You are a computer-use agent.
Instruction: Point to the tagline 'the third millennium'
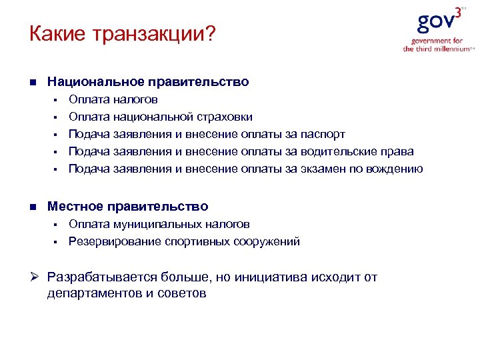point(436,49)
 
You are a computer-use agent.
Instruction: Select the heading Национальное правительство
point(148,82)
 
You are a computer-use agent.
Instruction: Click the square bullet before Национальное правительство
point(32,83)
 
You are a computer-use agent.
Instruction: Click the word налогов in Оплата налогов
point(136,100)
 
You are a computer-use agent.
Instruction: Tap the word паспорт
point(325,135)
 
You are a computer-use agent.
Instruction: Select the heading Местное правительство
point(127,207)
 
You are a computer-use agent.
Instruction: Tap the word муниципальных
point(158,224)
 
